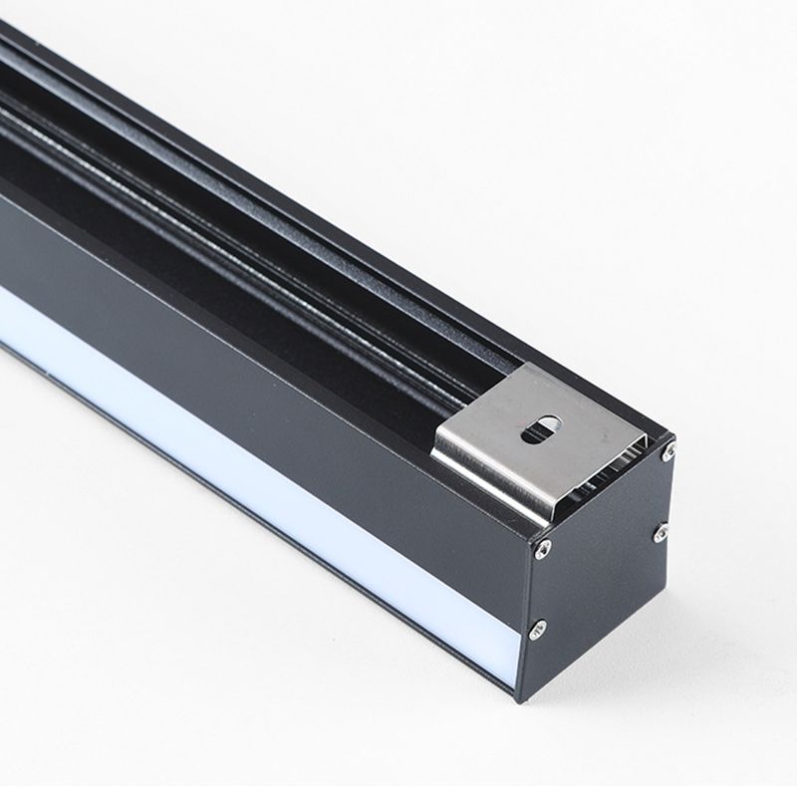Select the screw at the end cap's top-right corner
[x=667, y=451]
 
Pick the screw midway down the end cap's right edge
[x=660, y=534]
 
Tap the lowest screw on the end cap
[x=538, y=628]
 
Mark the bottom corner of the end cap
[x=520, y=697]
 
